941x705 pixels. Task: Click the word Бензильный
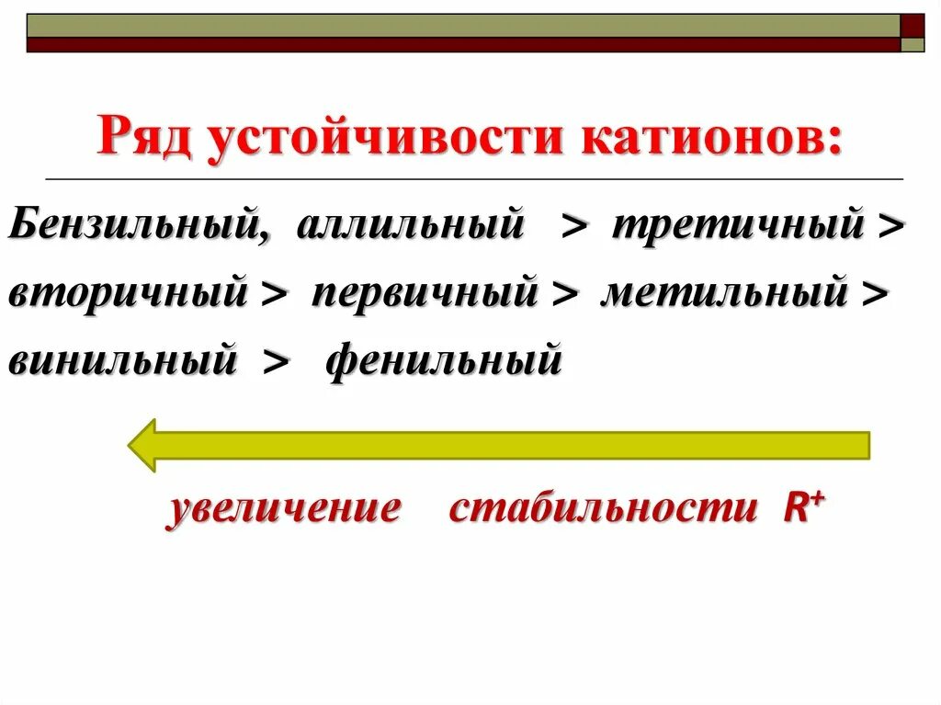[139, 226]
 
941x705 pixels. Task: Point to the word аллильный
[410, 226]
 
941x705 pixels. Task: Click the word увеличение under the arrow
[283, 509]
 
